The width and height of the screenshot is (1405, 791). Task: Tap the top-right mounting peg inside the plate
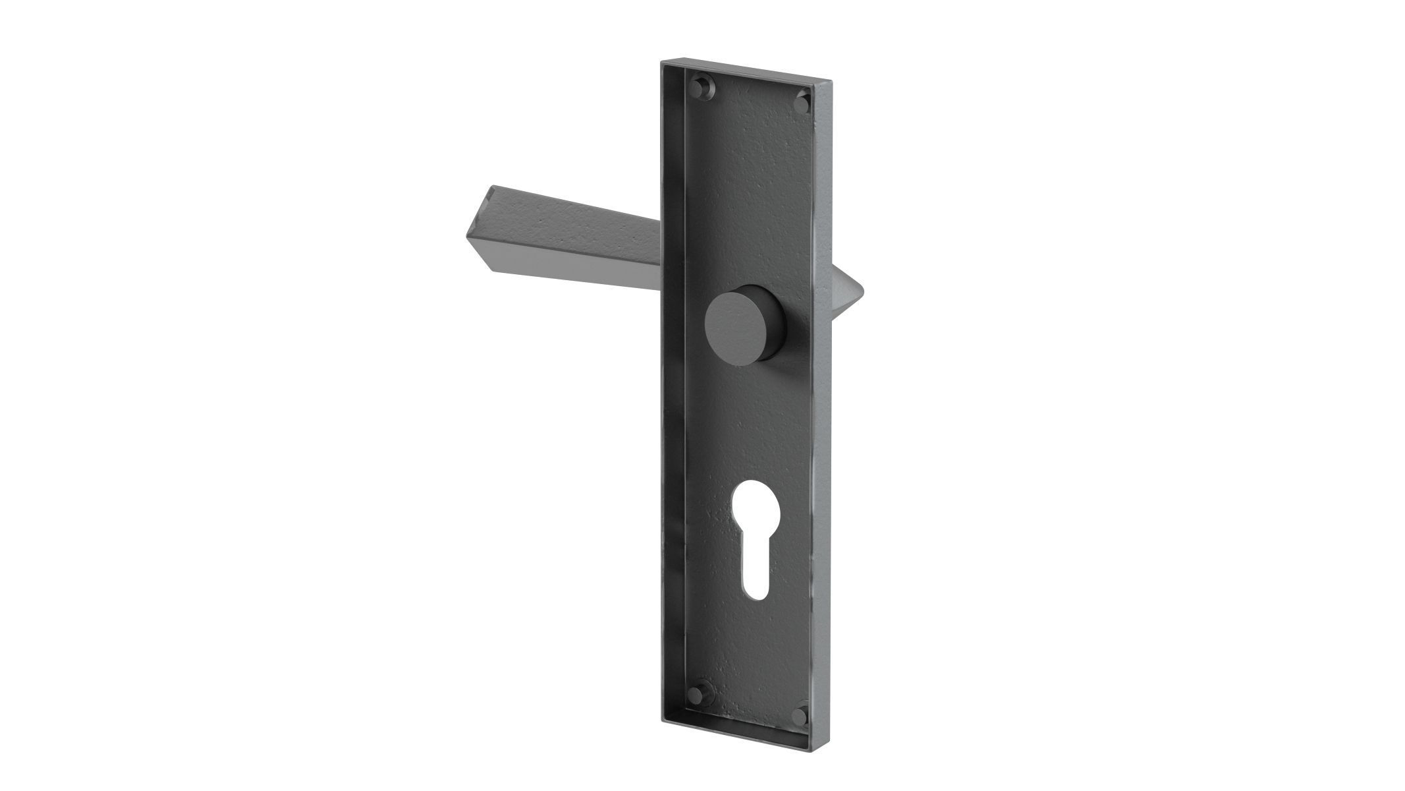pyautogui.click(x=802, y=103)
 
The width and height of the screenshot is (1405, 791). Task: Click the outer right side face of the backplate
pyautogui.click(x=823, y=395)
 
